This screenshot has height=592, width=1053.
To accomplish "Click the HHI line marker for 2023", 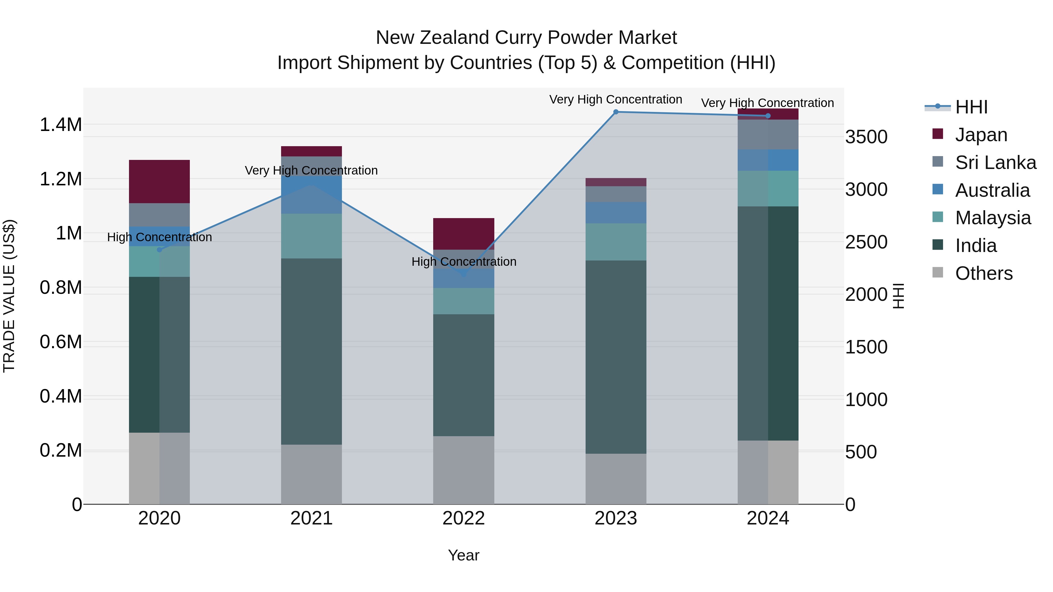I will click(x=616, y=112).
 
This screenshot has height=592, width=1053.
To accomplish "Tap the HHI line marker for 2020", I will click(x=159, y=250).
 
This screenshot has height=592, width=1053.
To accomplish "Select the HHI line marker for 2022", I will click(x=464, y=275).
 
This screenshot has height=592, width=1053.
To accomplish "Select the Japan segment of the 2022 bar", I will click(x=464, y=234).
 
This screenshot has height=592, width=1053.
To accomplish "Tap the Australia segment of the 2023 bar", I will click(x=616, y=213).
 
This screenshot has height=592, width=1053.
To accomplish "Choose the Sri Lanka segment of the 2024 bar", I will click(x=768, y=134).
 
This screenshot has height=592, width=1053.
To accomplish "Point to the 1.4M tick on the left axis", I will click(x=61, y=125).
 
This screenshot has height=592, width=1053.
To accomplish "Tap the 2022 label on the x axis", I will click(x=464, y=518).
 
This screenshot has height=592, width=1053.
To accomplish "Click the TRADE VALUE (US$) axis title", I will click(x=9, y=296).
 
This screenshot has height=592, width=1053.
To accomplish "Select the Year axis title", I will click(x=464, y=555).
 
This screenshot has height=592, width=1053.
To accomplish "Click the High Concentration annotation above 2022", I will click(x=464, y=261).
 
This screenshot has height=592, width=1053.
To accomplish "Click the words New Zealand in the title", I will click(x=433, y=38).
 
